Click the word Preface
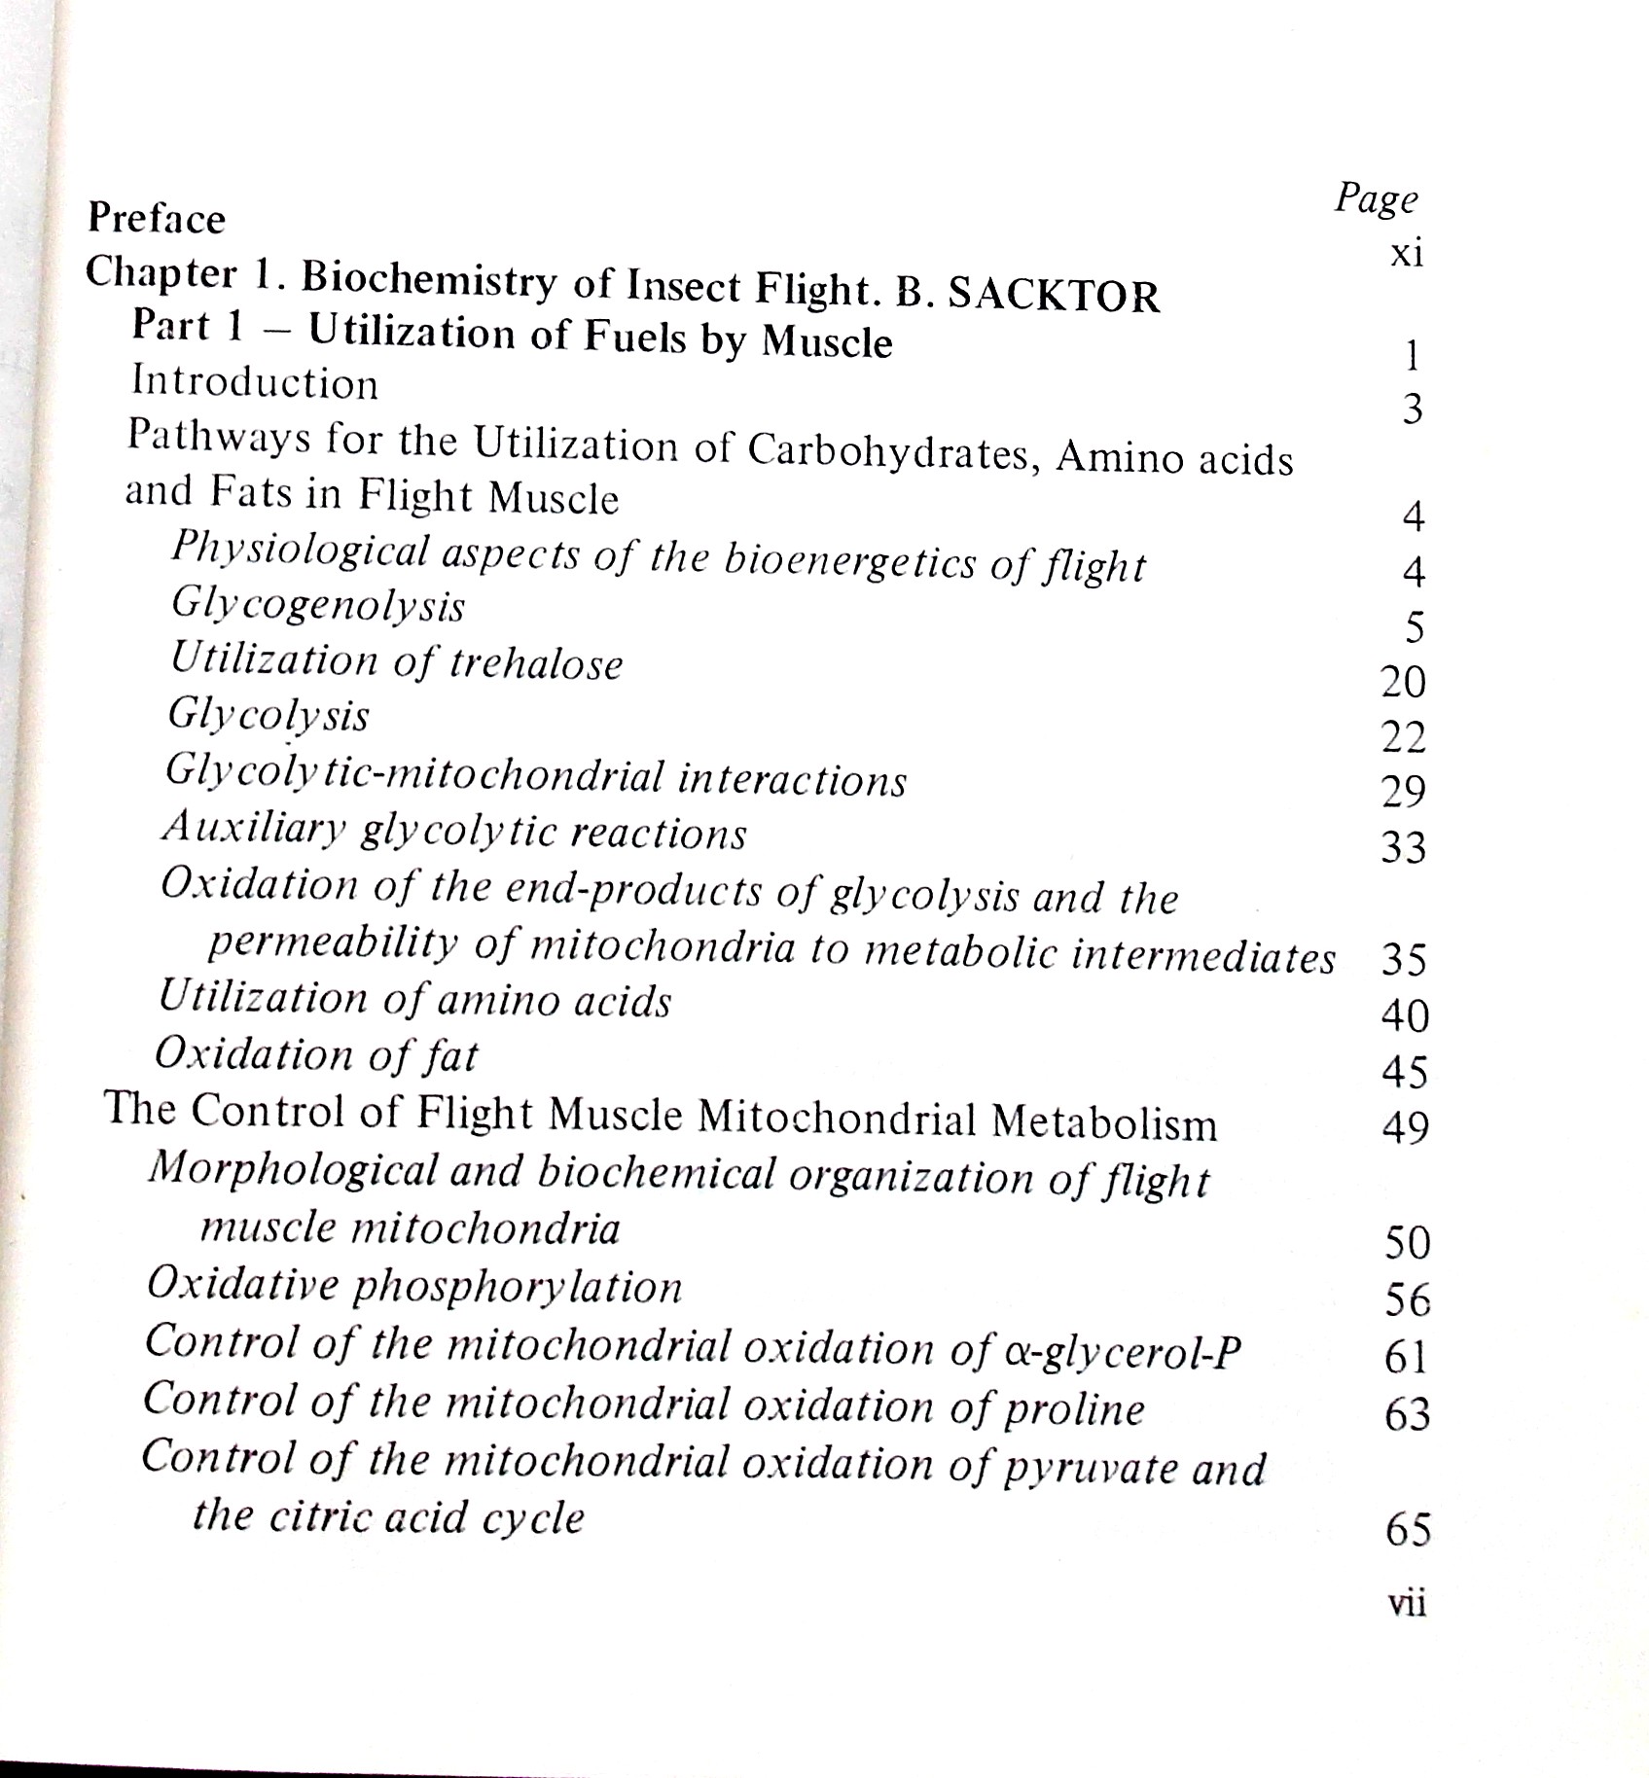coord(156,219)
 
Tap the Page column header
coord(1376,199)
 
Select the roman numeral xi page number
coord(1407,255)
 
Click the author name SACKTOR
coord(1053,296)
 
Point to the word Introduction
coord(255,382)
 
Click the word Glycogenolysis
coord(318,606)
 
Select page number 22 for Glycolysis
coord(1404,738)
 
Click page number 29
coord(1404,793)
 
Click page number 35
coord(1404,961)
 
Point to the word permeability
coord(333,942)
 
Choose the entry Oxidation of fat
coord(316,1054)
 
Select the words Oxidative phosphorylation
coord(414,1287)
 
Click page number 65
coord(1408,1531)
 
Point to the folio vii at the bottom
coord(1407,1603)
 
